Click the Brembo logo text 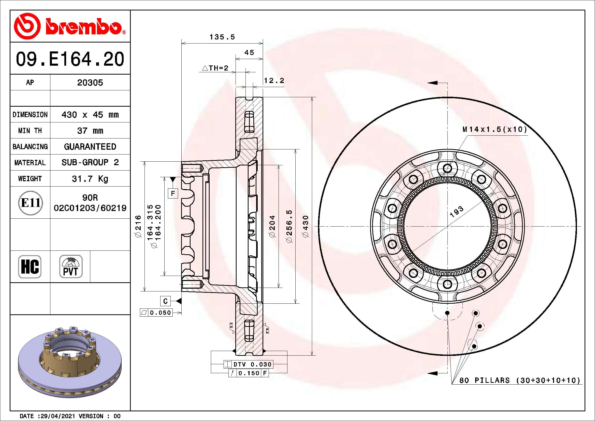[x=83, y=26]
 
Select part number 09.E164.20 [x=70, y=59]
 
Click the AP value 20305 [x=90, y=83]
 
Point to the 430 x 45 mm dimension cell [x=90, y=115]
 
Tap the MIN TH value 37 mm [x=90, y=131]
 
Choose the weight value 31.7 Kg [x=90, y=179]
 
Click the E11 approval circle [x=30, y=203]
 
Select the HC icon [x=30, y=266]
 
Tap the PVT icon [x=71, y=266]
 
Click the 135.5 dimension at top [x=222, y=37]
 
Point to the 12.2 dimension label [x=274, y=81]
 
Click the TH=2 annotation [x=215, y=68]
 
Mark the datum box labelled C [x=165, y=301]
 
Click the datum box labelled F [x=173, y=193]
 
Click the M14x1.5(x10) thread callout [x=495, y=129]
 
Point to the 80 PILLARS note [x=519, y=380]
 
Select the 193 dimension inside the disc [x=456, y=212]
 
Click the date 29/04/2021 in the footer [x=57, y=416]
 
